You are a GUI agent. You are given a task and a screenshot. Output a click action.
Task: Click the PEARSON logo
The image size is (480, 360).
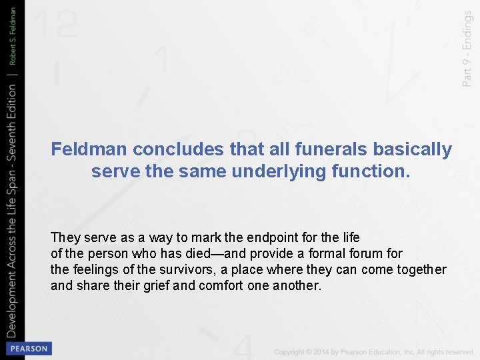pos(28,349)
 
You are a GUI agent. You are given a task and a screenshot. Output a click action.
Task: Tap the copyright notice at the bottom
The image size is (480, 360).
pos(374,351)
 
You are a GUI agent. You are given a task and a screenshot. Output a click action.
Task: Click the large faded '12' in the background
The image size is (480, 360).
pos(56,25)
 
